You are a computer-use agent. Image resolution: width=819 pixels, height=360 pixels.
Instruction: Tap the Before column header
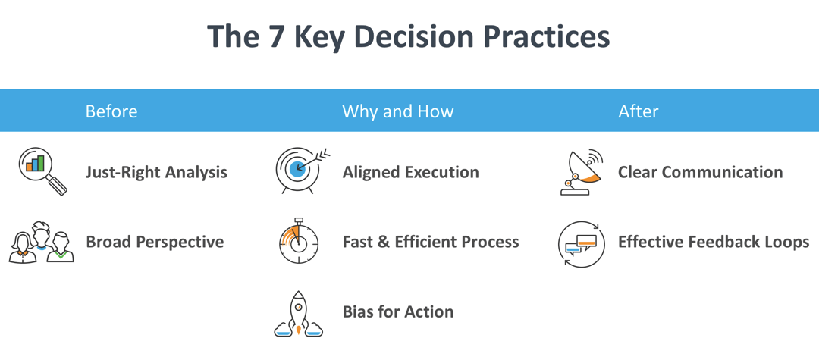point(111,111)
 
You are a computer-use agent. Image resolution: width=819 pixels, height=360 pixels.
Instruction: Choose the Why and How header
point(398,111)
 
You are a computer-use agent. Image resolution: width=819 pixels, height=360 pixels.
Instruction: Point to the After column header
point(639,111)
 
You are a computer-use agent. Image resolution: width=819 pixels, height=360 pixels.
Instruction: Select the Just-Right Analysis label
point(156,172)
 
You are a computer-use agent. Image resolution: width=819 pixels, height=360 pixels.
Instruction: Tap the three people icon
point(42,242)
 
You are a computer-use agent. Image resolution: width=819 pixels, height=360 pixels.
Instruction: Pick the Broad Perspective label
point(155,242)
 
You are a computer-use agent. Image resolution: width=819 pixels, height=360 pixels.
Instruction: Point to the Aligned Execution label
point(410,172)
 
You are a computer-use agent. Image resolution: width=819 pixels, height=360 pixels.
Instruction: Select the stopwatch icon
point(299,240)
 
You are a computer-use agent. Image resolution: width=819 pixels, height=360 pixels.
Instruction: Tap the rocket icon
point(298,313)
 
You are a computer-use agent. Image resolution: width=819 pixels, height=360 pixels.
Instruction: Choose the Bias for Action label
point(398,312)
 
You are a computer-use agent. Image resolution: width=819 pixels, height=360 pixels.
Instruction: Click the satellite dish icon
point(581,171)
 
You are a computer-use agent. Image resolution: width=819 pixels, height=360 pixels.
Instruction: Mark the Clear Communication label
point(701,172)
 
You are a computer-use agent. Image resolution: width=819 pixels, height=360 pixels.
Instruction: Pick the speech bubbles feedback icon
point(582,243)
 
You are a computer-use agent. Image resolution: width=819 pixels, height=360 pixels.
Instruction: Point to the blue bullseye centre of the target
point(297,167)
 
